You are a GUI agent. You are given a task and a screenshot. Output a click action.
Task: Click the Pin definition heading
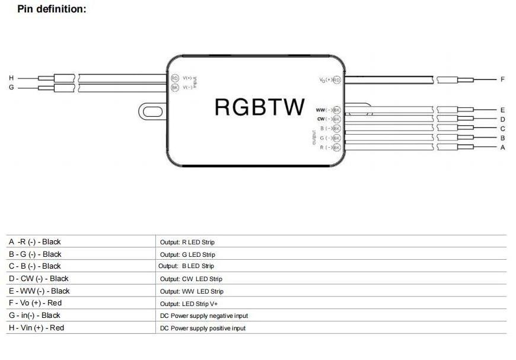52,9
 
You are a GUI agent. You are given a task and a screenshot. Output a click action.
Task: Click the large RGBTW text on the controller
259,107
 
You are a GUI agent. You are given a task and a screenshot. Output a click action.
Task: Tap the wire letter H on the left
11,78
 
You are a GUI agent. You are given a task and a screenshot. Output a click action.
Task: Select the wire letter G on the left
11,88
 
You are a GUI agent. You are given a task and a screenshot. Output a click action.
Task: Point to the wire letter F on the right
502,79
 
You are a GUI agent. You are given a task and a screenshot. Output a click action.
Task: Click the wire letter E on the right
502,110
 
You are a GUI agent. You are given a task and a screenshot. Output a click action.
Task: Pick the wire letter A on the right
502,147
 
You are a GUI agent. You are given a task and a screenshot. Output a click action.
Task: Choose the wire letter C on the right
502,128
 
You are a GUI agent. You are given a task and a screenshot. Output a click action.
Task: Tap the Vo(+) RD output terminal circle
336,79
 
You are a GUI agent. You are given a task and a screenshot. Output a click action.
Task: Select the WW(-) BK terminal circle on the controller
336,110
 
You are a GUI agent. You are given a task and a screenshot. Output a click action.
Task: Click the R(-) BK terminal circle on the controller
336,147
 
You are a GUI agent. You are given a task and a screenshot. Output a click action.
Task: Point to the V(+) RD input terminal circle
174,78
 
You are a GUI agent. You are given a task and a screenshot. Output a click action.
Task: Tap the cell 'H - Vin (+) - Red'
36,328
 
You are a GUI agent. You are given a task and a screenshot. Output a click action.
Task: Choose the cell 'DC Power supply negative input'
204,316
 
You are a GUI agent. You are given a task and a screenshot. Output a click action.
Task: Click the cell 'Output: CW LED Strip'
191,279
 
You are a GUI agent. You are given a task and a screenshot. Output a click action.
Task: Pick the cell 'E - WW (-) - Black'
39,291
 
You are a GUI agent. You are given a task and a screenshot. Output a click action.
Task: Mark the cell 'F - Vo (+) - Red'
35,304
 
